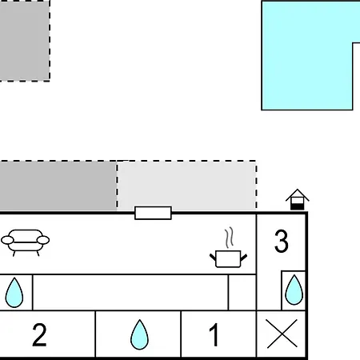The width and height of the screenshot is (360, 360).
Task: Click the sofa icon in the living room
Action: click(x=26, y=242)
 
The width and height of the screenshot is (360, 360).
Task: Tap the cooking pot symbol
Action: click(x=228, y=258)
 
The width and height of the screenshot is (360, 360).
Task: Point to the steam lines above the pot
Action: click(x=229, y=238)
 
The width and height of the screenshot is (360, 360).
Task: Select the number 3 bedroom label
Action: click(x=282, y=242)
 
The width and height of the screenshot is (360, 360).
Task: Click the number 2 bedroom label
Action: click(x=39, y=334)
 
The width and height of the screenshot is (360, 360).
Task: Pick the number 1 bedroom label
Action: click(x=214, y=334)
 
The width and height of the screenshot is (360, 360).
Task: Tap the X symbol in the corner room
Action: click(x=282, y=334)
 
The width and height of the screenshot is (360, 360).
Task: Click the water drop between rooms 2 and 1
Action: click(x=139, y=334)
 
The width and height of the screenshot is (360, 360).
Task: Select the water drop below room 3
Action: click(x=294, y=290)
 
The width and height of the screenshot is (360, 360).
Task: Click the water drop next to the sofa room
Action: click(x=14, y=293)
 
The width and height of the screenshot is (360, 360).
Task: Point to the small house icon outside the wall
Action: click(x=297, y=199)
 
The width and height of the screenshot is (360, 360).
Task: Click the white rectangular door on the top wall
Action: click(x=153, y=213)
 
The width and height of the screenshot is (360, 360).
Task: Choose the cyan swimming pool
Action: click(x=306, y=55)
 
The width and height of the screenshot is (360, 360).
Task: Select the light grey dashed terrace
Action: click(x=186, y=186)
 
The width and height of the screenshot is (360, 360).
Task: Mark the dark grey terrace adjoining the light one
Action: click(x=58, y=186)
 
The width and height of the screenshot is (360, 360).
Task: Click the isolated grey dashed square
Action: click(x=25, y=41)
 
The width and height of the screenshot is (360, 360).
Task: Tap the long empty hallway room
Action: click(x=130, y=292)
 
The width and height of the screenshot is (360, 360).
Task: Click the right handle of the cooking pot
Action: click(x=244, y=258)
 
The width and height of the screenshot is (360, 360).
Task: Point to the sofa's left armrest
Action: click(x=7, y=240)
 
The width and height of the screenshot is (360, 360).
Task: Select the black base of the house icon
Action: click(x=297, y=206)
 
